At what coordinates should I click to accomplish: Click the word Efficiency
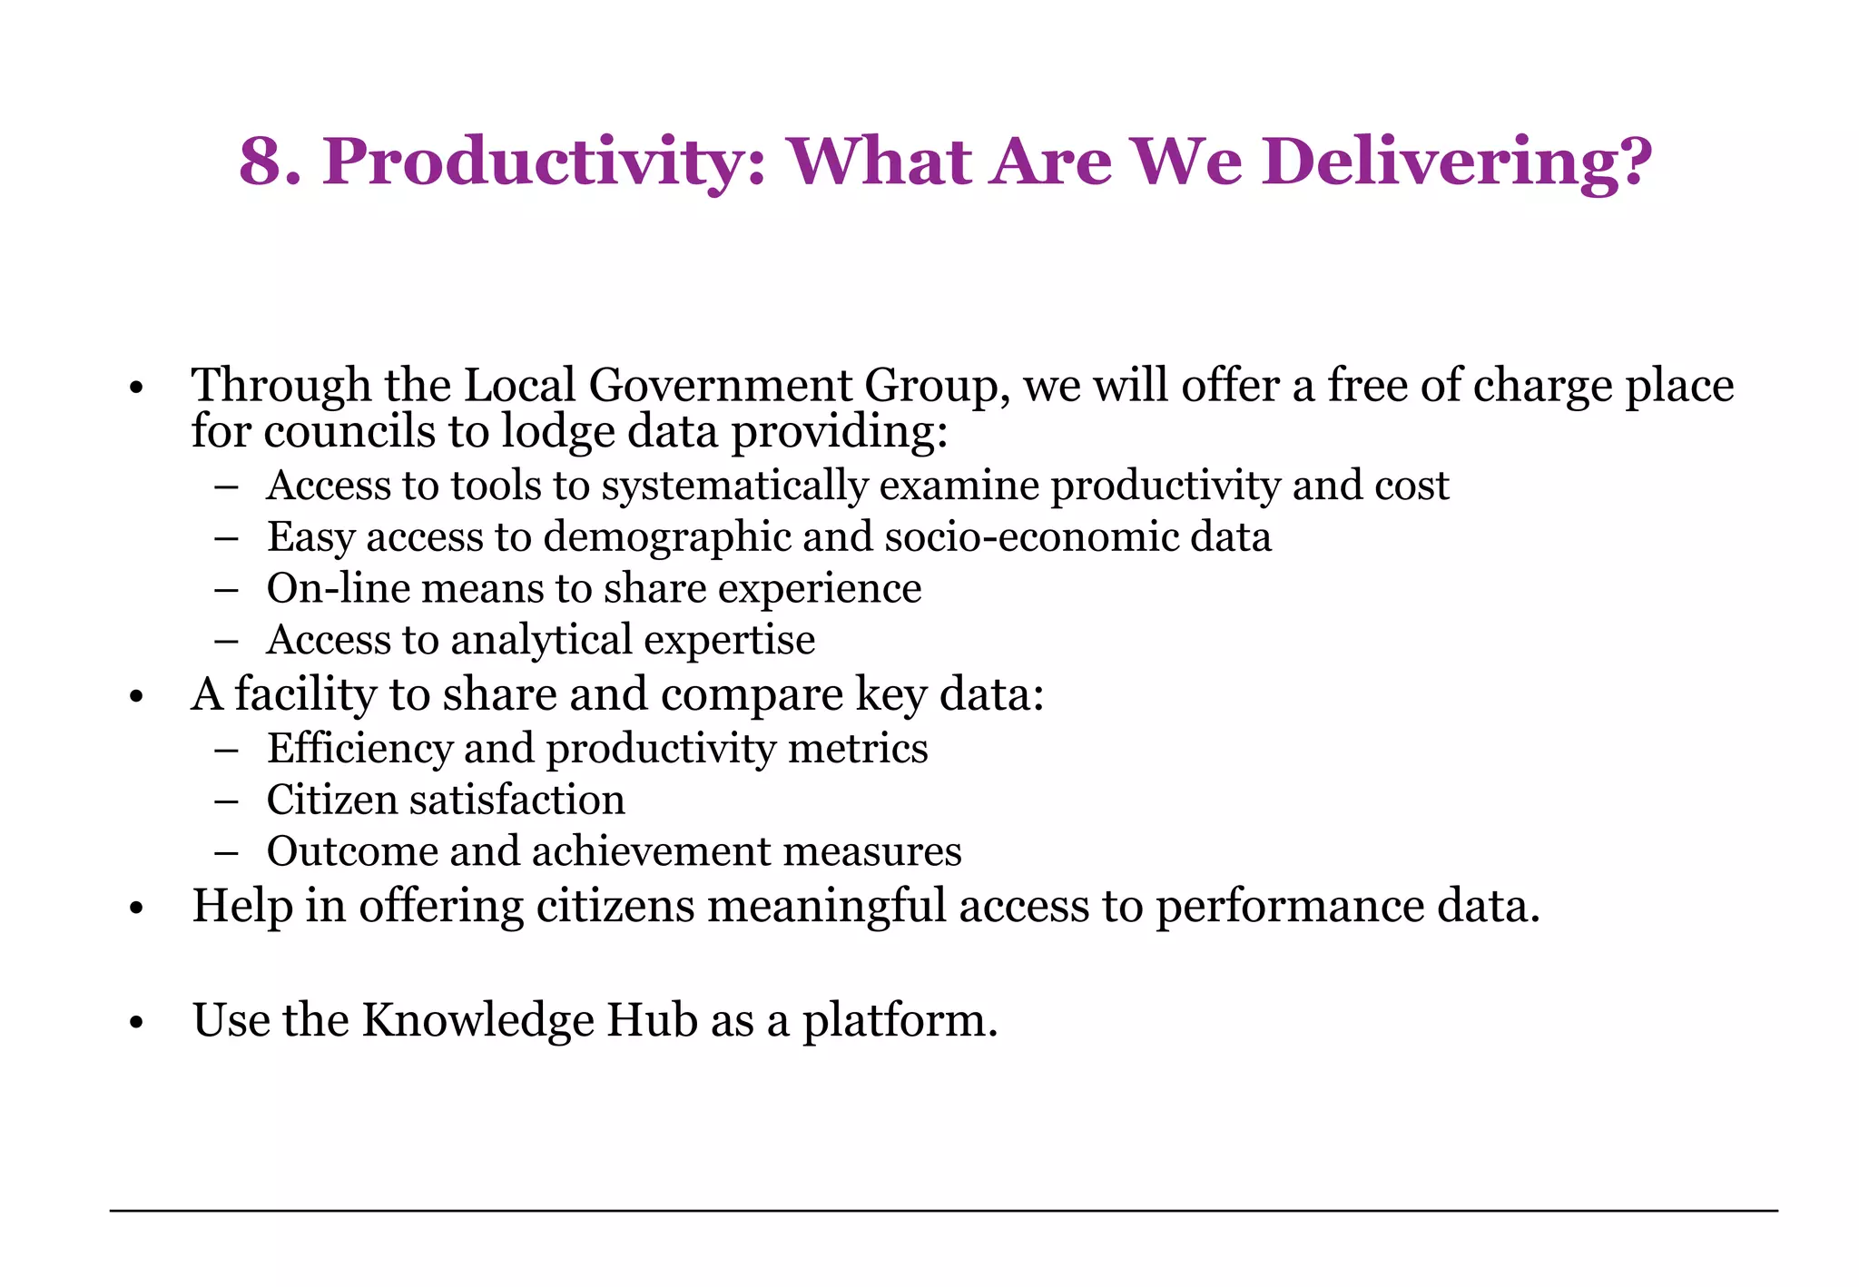(x=359, y=750)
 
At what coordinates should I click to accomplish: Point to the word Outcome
(x=350, y=852)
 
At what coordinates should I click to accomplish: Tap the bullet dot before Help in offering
(x=137, y=909)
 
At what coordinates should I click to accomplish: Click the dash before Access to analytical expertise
(x=227, y=641)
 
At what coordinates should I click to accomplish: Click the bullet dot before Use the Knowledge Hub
(x=137, y=1023)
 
